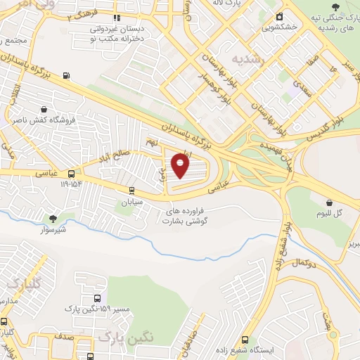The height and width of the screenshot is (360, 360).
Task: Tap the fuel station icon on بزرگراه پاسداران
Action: pyautogui.click(x=66, y=76)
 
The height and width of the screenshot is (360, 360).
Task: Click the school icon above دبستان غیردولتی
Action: pyautogui.click(x=117, y=18)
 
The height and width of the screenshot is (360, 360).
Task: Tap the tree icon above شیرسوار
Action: pyautogui.click(x=53, y=219)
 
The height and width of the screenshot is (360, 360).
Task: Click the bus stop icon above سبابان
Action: pyautogui.click(x=131, y=190)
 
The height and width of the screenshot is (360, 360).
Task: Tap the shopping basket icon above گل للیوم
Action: pyautogui.click(x=329, y=202)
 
